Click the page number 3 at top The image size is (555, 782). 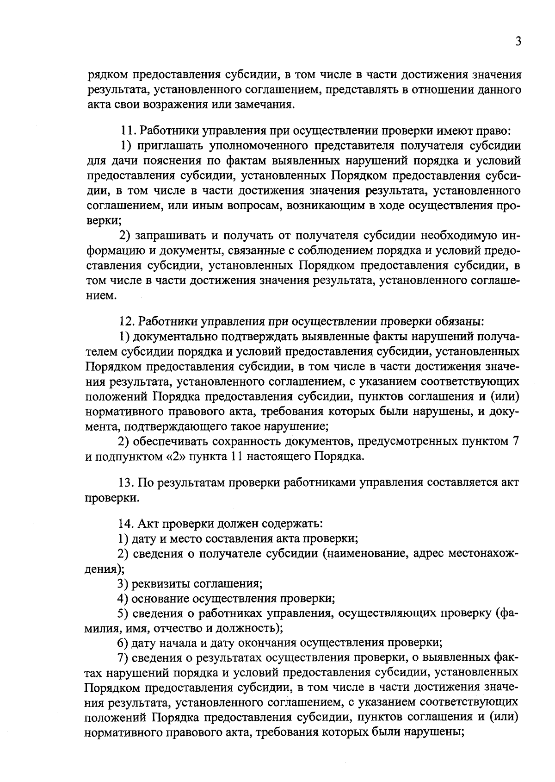[x=518, y=42]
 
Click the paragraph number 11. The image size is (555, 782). [x=126, y=131]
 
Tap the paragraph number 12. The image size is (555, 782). [x=126, y=321]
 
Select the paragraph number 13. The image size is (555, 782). [x=126, y=482]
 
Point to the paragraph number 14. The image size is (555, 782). [x=126, y=524]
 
